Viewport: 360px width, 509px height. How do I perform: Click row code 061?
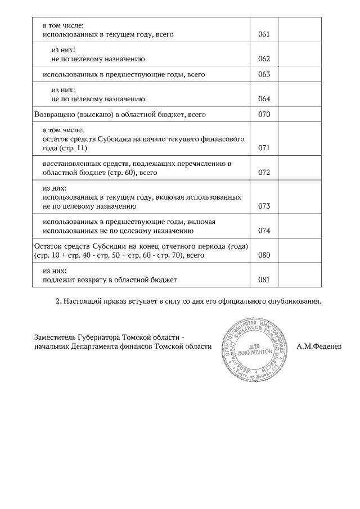(264, 35)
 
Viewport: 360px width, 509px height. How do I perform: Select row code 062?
(264, 59)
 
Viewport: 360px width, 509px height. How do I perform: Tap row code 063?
(264, 75)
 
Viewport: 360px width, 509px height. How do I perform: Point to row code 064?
(264, 99)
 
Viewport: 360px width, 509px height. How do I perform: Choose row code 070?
(264, 115)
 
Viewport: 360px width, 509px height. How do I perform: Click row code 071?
(264, 148)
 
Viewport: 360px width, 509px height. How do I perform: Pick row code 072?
(264, 173)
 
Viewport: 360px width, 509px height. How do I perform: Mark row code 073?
(264, 206)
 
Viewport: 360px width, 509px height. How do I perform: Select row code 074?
(264, 231)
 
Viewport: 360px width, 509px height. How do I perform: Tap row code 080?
(264, 255)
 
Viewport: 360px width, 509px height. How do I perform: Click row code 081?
(264, 280)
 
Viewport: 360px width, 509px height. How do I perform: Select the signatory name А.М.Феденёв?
(319, 346)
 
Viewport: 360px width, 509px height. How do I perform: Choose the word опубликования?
(298, 301)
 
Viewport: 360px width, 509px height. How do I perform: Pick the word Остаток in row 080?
(47, 246)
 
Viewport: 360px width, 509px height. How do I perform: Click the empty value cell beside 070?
(300, 115)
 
